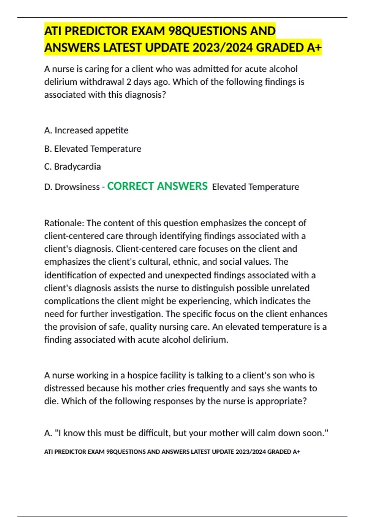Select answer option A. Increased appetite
tap(86, 130)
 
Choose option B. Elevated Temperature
tap(93, 149)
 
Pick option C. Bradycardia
tap(72, 167)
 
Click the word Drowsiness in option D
tap(77, 187)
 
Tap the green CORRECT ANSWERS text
tap(157, 186)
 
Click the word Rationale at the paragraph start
tap(64, 223)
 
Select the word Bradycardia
tap(77, 167)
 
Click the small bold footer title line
tap(172, 452)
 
